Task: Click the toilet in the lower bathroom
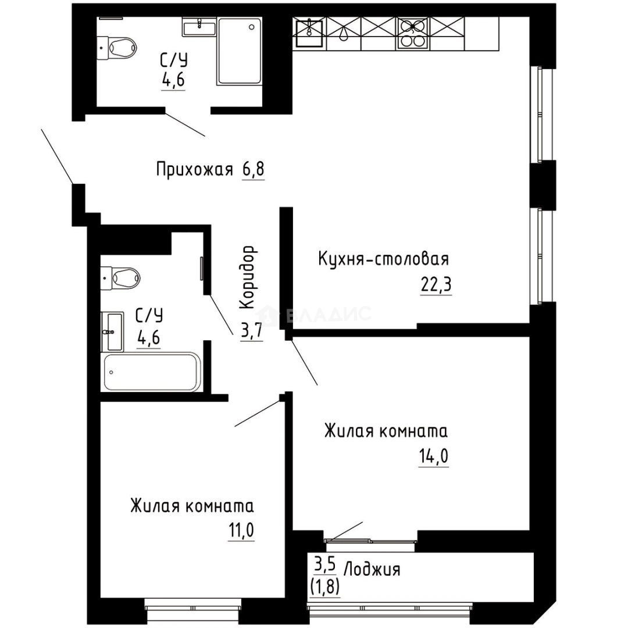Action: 122,277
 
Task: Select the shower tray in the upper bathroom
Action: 240,51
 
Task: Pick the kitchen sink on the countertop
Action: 309,32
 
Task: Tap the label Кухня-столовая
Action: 384,258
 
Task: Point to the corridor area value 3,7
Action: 251,330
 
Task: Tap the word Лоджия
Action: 372,569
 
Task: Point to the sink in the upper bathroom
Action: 199,26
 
